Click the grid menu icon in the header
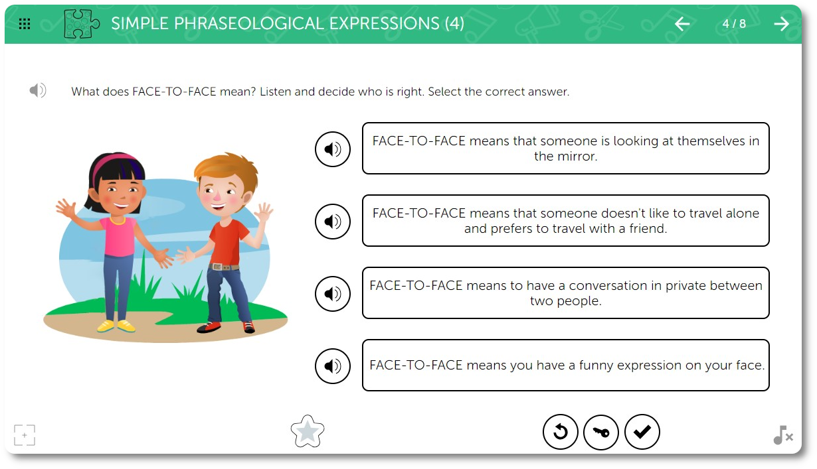pyautogui.click(x=25, y=24)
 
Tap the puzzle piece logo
pyautogui.click(x=81, y=24)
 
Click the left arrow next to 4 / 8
pyautogui.click(x=682, y=24)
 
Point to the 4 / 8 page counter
pyautogui.click(x=734, y=24)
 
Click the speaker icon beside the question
pyautogui.click(x=38, y=90)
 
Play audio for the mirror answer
pyautogui.click(x=333, y=149)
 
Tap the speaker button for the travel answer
pyautogui.click(x=333, y=221)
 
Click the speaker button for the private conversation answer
pyautogui.click(x=333, y=293)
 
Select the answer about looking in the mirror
pyautogui.click(x=566, y=148)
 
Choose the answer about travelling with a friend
pyautogui.click(x=566, y=221)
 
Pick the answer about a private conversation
pyautogui.click(x=566, y=293)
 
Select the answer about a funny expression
pyautogui.click(x=566, y=366)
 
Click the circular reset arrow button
pyautogui.click(x=560, y=432)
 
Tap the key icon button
pyautogui.click(x=601, y=432)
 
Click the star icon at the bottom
pyautogui.click(x=308, y=431)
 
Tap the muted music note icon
pyautogui.click(x=783, y=435)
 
